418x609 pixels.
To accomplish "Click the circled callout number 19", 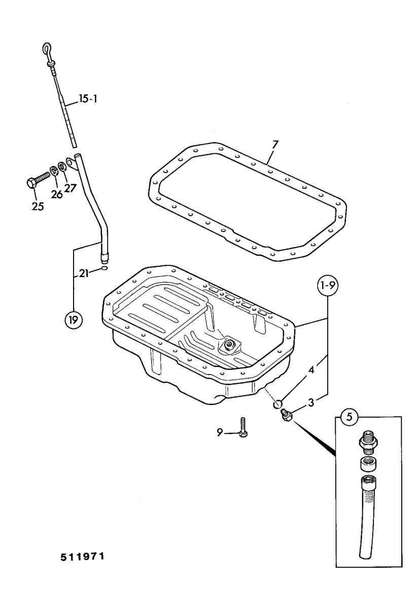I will pos(74,320).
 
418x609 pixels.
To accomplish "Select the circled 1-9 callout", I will pos(328,286).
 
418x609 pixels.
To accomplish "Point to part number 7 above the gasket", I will pos(274,144).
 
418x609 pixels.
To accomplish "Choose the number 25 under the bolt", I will pos(38,206).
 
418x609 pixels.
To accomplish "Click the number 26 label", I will pos(56,194).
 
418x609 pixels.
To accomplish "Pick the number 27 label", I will pos(69,188).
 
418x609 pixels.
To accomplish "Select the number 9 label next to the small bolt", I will pos(220,432).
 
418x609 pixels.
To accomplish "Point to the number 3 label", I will pos(311,402).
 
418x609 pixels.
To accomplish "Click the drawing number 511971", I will pos(83,557).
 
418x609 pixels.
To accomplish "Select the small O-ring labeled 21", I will pos(104,269).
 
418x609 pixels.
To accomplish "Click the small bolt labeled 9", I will pos(243,428).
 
